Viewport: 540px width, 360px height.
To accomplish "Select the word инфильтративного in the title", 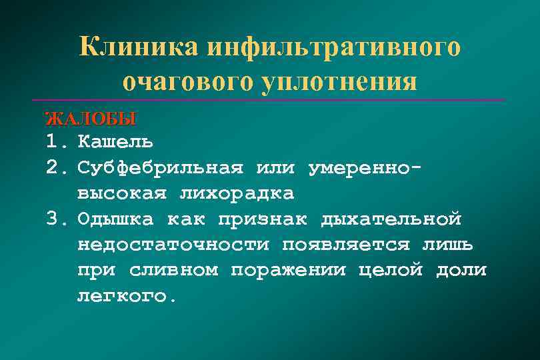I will (x=334, y=47).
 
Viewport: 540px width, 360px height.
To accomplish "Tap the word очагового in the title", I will (x=179, y=82).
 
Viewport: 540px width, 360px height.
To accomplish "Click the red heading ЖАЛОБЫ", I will (x=90, y=119).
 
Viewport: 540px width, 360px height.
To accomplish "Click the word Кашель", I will (x=115, y=141).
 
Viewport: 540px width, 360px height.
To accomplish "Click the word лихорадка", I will (x=237, y=193).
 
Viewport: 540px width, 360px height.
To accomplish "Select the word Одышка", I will (x=115, y=219).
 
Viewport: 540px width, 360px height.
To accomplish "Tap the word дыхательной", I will (x=391, y=219).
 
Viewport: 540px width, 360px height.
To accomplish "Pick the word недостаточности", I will (x=173, y=245).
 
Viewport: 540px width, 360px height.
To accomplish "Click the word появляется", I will (x=346, y=245).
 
